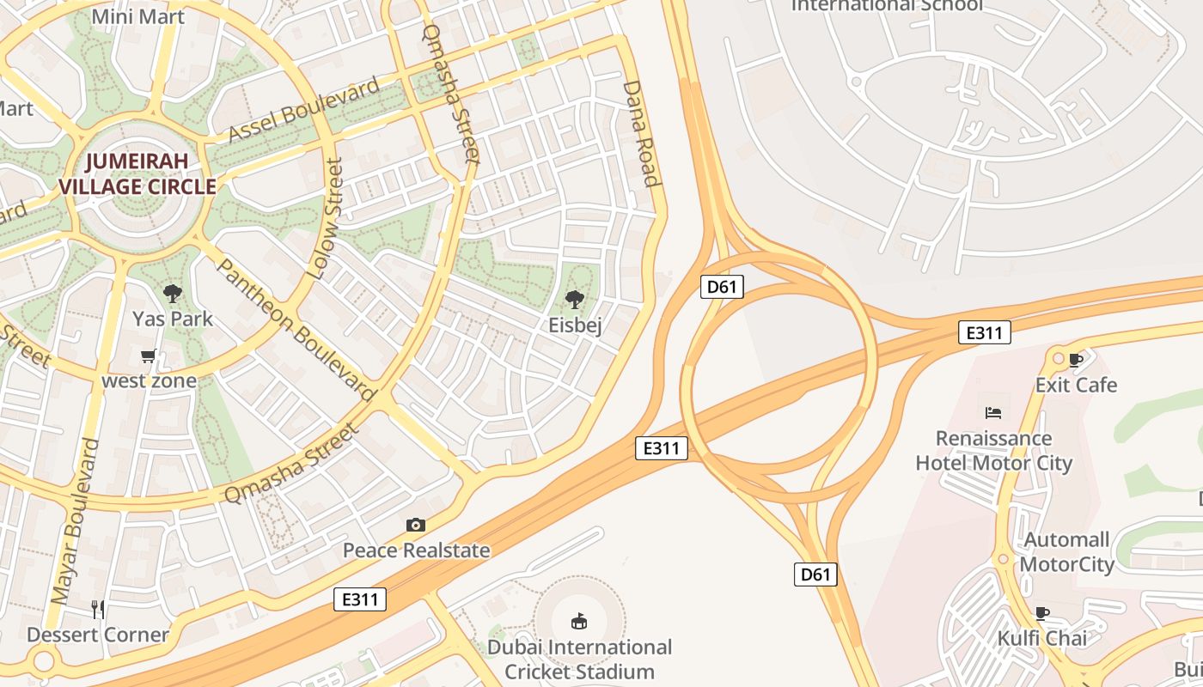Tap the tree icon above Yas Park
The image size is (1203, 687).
(173, 294)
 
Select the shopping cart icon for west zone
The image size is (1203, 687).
(149, 356)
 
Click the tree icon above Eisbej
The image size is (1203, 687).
(575, 300)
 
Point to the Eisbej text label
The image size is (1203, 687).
(575, 325)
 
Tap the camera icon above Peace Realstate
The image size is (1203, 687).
(416, 525)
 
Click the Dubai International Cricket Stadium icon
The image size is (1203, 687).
(579, 621)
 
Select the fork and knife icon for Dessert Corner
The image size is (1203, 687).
(98, 609)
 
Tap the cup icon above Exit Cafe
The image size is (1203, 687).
(1076, 359)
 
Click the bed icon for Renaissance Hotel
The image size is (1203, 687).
(993, 413)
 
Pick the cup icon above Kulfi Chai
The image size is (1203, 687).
(1041, 613)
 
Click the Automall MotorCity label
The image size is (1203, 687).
(1066, 552)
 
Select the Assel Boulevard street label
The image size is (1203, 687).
(304, 111)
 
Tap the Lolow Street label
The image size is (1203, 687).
(326, 220)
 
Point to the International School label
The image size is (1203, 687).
(886, 5)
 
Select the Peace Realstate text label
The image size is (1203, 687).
(417, 550)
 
